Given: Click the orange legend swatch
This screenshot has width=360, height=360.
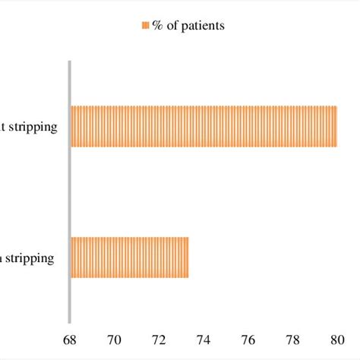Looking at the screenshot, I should coord(145,26).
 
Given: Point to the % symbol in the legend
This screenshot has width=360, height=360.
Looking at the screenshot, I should coord(157,26).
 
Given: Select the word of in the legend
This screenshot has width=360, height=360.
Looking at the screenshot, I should coord(172,26).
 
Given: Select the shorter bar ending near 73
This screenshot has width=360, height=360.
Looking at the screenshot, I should coord(130,257).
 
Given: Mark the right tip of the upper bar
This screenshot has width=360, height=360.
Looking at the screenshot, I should coord(336,126).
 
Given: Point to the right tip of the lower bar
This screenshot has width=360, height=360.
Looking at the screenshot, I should coord(188,257).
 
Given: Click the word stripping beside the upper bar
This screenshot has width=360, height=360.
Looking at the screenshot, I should coord(34,127).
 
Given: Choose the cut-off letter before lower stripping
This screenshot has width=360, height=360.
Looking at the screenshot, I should coord(2,258).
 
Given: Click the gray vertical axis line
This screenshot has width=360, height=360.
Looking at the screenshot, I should coord(70,190).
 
